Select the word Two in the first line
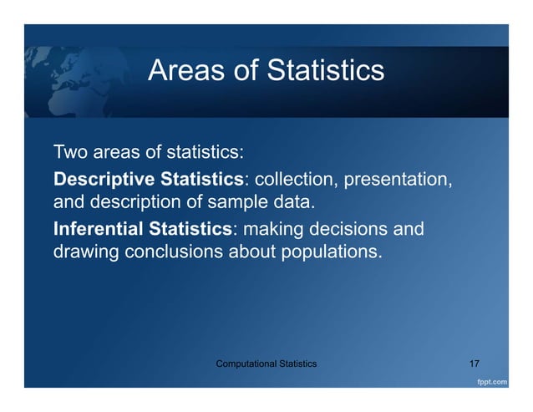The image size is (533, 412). click(69, 153)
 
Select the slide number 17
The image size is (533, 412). click(475, 364)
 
